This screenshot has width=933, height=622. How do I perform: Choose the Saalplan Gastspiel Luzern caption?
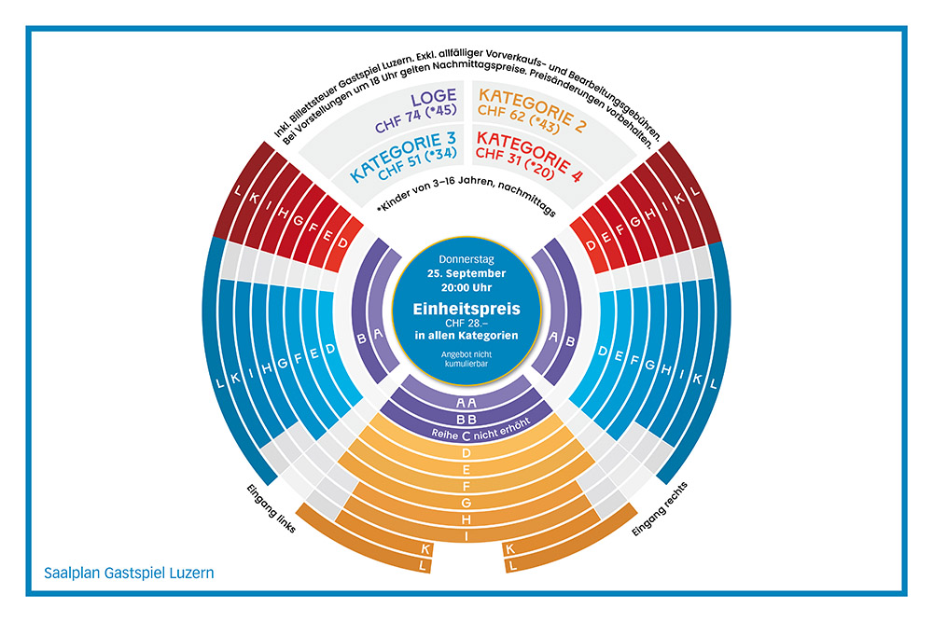point(129,573)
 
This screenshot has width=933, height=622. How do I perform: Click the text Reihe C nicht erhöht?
point(466,435)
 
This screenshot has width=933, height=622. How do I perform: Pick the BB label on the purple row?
point(466,419)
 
